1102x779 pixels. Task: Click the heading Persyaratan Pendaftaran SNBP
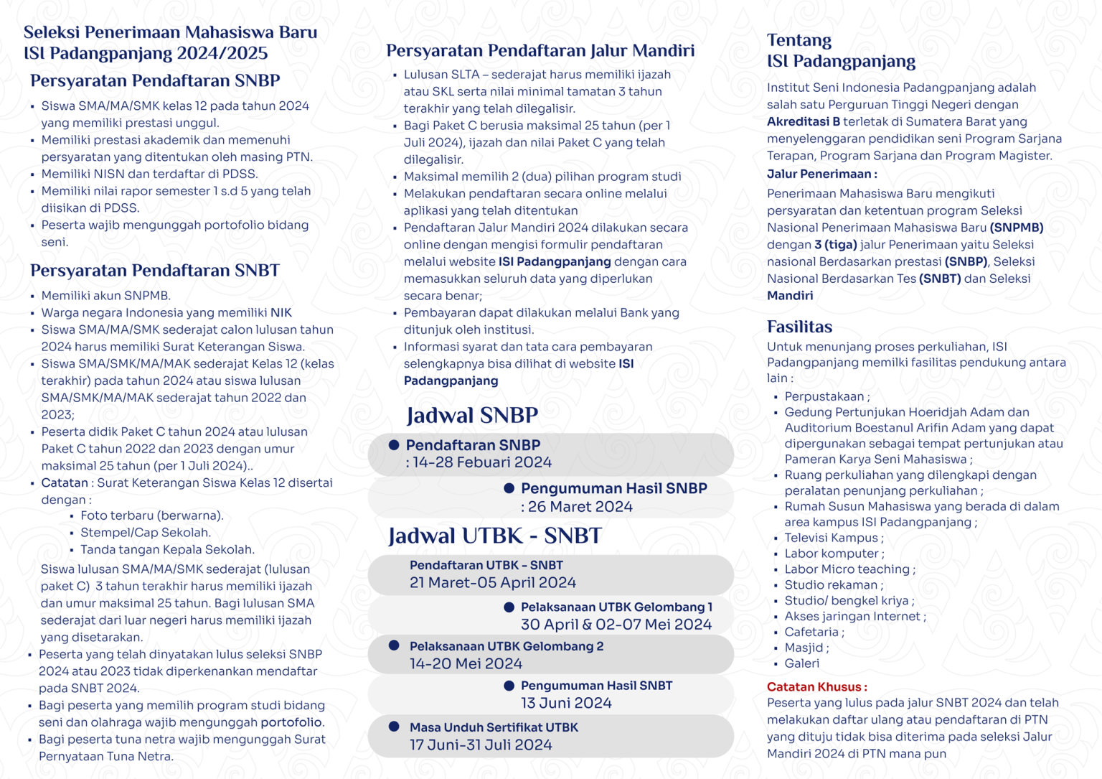pyautogui.click(x=155, y=80)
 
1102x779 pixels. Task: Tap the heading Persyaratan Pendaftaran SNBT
pyautogui.click(x=155, y=270)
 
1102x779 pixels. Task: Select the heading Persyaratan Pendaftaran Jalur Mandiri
pyautogui.click(x=540, y=50)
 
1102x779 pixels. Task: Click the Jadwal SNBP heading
pyautogui.click(x=472, y=415)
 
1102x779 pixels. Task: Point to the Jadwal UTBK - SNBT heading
pyautogui.click(x=495, y=536)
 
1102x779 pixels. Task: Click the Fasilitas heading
pyautogui.click(x=799, y=327)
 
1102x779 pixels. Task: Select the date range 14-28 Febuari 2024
pyautogui.click(x=479, y=462)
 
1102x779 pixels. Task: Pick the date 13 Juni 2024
pyautogui.click(x=566, y=703)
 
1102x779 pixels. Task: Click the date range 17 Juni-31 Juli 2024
pyautogui.click(x=481, y=745)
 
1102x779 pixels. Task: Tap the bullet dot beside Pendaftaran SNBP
pyautogui.click(x=394, y=445)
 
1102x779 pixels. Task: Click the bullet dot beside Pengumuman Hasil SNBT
pyautogui.click(x=509, y=686)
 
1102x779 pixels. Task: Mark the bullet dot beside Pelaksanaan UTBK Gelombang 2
pyautogui.click(x=394, y=645)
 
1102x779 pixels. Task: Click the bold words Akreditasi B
pyautogui.click(x=803, y=122)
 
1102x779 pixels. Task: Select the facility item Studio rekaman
pyautogui.click(x=824, y=584)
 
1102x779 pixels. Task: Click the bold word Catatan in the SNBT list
pyautogui.click(x=65, y=482)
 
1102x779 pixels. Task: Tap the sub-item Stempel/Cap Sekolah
pyautogui.click(x=146, y=533)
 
